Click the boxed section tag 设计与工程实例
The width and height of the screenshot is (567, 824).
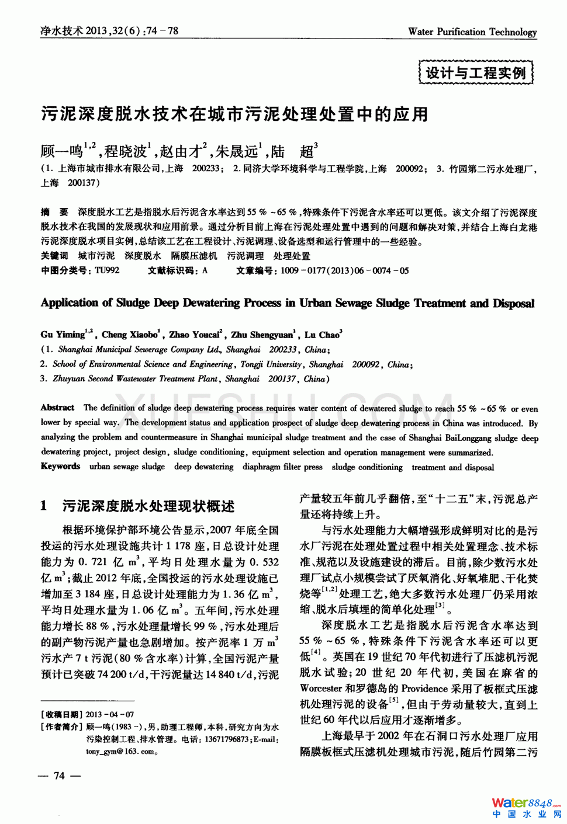[476, 73]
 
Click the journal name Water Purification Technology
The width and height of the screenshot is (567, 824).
[472, 32]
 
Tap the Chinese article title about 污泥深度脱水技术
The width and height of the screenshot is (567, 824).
[234, 114]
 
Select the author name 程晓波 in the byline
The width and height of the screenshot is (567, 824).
[126, 152]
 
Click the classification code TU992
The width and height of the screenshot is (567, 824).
[107, 270]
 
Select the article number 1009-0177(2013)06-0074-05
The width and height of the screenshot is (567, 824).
[345, 270]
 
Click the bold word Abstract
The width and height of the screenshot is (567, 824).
[57, 408]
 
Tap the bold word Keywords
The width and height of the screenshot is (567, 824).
[60, 466]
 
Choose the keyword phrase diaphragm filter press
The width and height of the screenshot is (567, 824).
[282, 467]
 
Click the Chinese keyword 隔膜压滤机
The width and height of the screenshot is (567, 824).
[193, 256]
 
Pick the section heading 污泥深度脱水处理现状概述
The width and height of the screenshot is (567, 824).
[148, 506]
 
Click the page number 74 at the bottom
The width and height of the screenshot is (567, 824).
[59, 776]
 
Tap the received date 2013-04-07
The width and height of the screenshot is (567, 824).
[109, 714]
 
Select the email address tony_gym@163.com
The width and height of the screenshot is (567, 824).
[121, 752]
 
